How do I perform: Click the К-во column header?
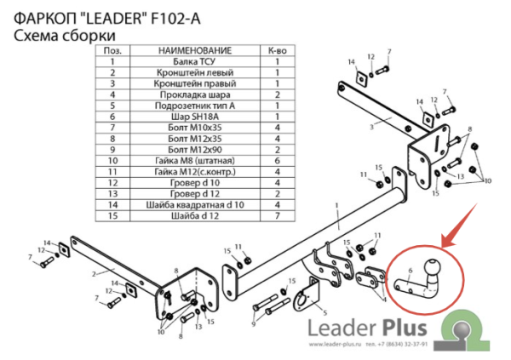(x=277, y=50)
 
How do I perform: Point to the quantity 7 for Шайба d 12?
(x=277, y=215)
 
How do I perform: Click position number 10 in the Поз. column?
(x=111, y=160)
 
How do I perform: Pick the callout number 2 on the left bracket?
(x=90, y=275)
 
